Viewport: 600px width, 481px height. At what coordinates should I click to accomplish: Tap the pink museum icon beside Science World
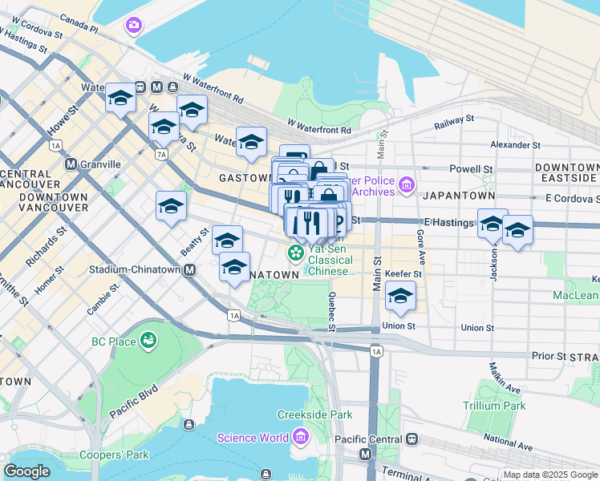pos(300,438)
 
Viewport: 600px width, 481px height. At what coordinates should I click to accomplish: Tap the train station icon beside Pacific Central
pos(411,439)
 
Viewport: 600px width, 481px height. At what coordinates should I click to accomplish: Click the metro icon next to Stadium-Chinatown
pos(190,270)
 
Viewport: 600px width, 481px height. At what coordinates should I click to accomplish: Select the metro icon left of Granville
pos(71,164)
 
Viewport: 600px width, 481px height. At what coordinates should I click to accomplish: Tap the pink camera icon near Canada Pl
pos(133,26)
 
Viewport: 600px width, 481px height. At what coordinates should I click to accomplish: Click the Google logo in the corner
pos(26,471)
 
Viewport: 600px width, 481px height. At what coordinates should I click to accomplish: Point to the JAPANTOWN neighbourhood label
pos(460,195)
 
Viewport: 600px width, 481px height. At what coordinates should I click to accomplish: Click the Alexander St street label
pos(515,145)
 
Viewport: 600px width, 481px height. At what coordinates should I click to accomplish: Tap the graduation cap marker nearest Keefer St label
pos(400,296)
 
